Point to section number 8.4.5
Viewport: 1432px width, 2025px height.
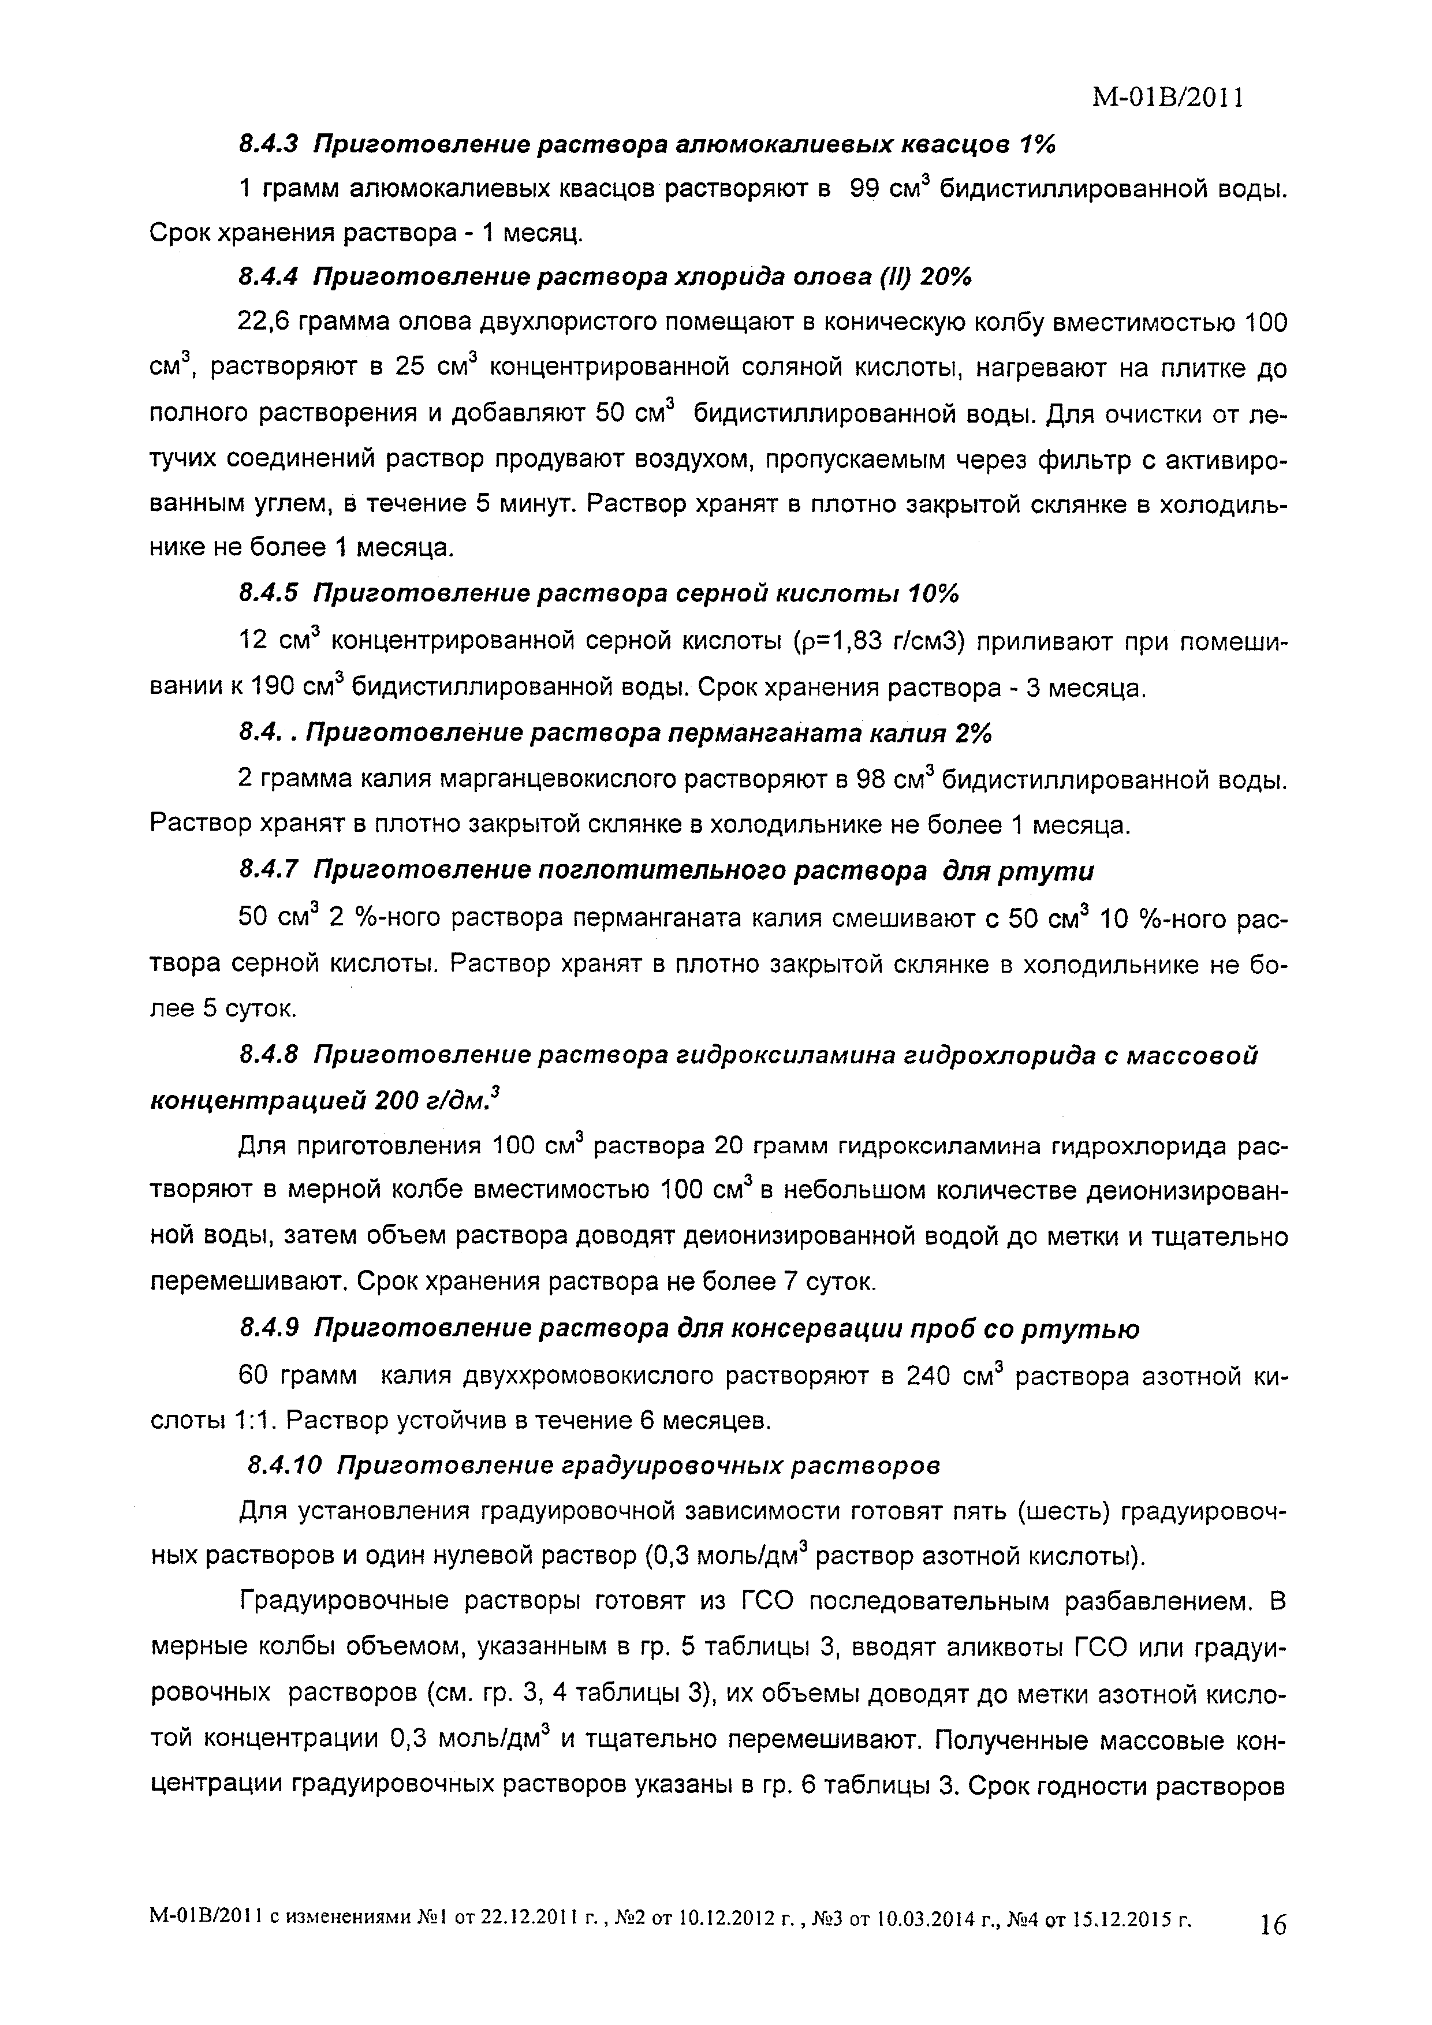point(271,595)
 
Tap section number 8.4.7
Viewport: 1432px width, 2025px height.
point(271,870)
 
